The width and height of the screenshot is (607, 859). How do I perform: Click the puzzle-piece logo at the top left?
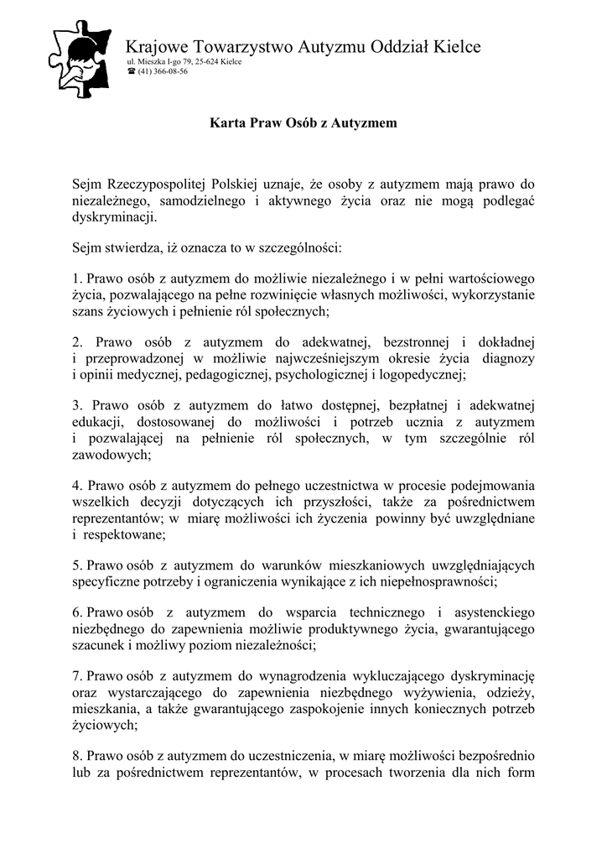pyautogui.click(x=80, y=55)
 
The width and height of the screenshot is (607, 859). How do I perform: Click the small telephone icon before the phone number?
pyautogui.click(x=131, y=72)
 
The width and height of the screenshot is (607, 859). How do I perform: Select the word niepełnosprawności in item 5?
pyautogui.click(x=439, y=580)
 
